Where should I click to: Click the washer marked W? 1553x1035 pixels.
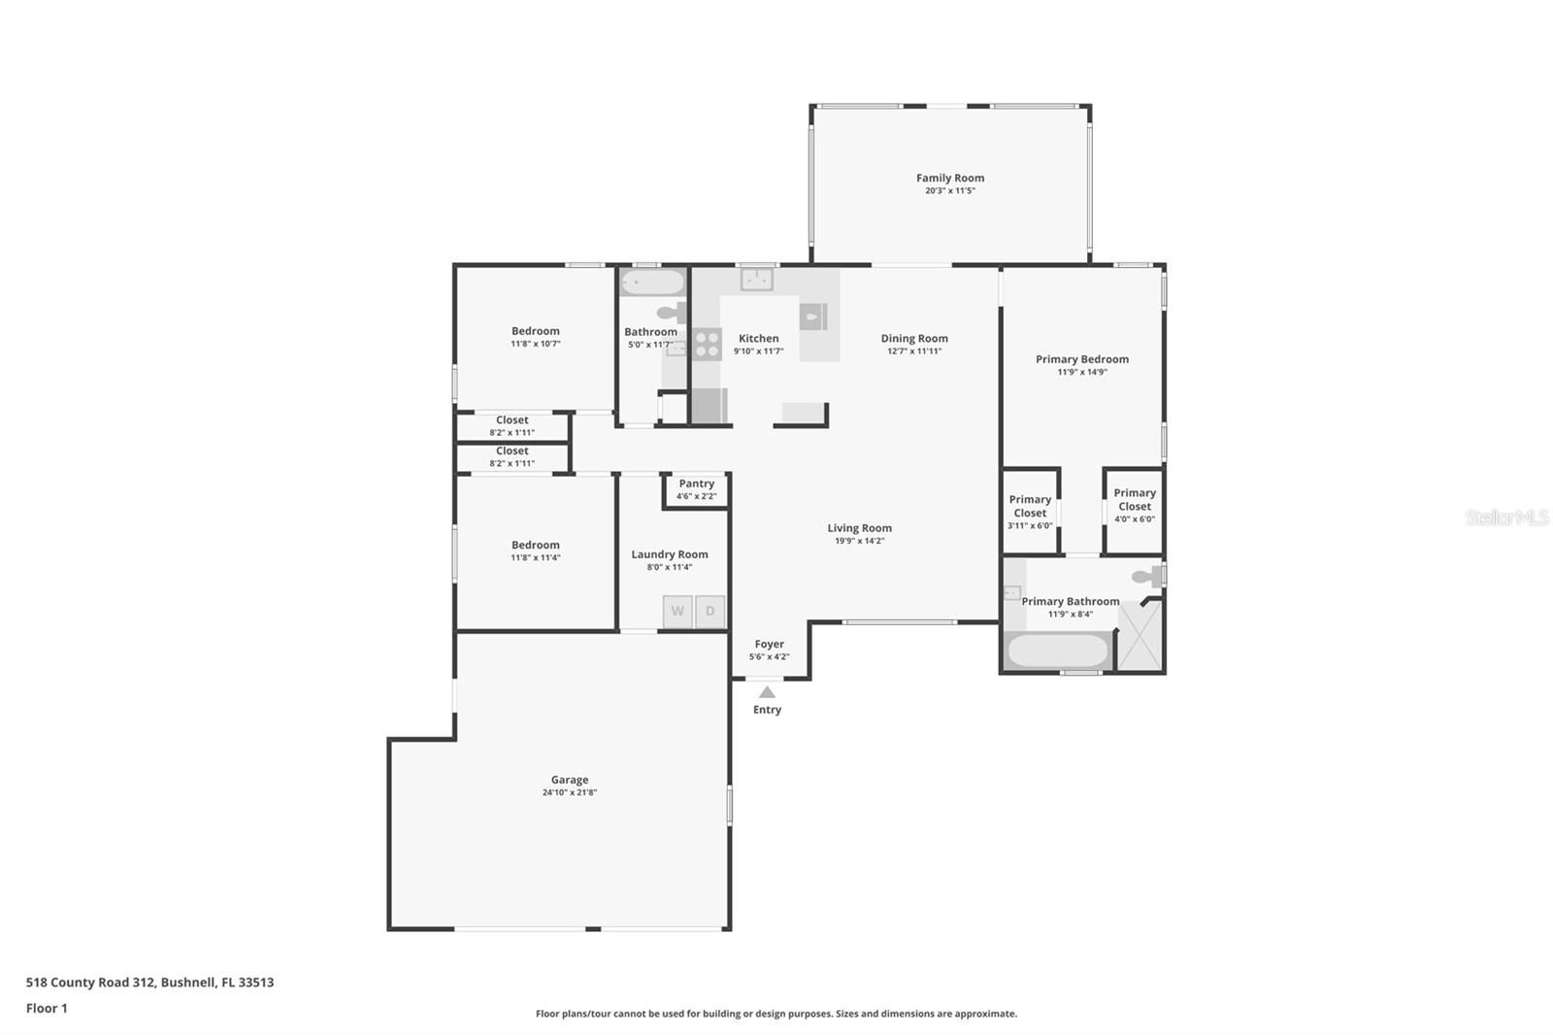677,612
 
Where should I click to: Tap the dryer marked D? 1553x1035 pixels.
710,612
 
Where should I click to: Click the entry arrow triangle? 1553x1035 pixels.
767,692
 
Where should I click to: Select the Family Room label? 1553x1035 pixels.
949,178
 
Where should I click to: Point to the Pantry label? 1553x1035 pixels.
696,484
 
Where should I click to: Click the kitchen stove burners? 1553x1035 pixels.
707,345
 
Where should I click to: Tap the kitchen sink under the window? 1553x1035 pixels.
756,280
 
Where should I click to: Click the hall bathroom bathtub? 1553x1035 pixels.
652,283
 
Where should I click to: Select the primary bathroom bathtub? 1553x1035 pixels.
1057,650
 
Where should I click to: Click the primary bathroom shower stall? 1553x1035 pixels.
1140,636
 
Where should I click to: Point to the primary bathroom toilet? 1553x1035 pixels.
1147,577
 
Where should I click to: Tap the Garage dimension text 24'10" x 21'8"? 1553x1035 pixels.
569,792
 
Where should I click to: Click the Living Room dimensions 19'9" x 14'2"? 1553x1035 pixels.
859,541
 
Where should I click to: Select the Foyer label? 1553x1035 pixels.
769,644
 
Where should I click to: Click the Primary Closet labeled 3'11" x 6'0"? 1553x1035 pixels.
1030,512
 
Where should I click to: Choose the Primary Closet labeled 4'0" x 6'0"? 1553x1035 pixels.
1134,505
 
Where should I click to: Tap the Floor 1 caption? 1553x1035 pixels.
47,1008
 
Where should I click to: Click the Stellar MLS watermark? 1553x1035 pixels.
1506,517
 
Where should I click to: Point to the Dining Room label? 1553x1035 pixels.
913,338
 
